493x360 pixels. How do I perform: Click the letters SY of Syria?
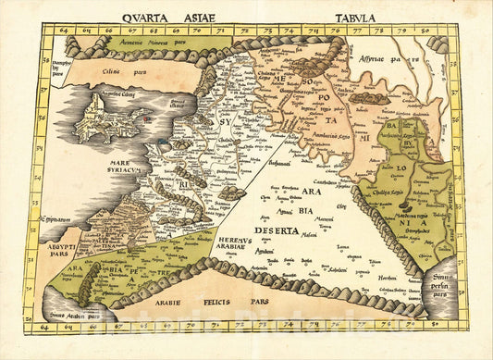click(223, 120)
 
